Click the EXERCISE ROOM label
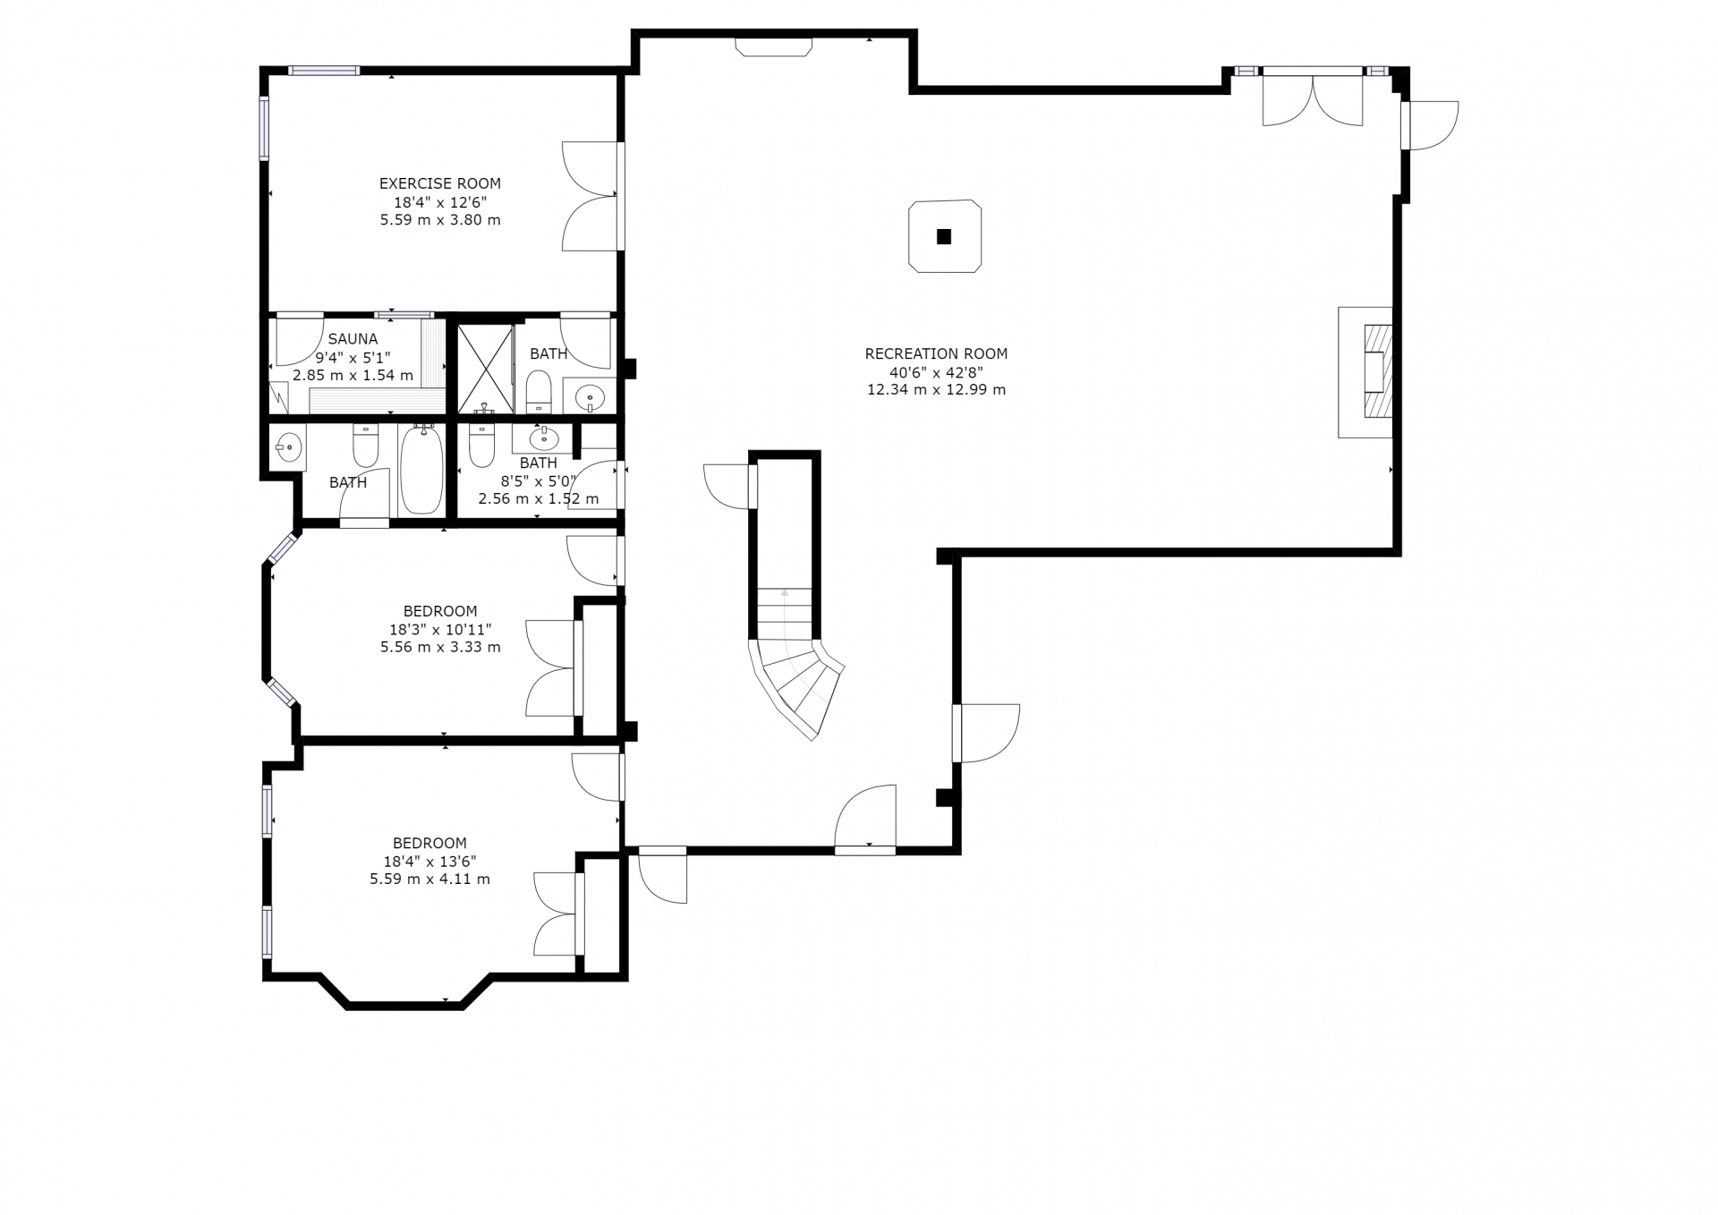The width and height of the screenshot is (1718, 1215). click(439, 183)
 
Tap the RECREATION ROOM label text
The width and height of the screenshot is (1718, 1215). click(936, 353)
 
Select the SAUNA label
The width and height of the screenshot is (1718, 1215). click(353, 339)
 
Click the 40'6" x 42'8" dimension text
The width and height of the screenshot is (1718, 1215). click(936, 371)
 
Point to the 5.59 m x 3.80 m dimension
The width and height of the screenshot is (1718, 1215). click(439, 219)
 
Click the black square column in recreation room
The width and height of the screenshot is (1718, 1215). click(943, 237)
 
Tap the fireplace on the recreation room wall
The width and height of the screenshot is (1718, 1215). click(1365, 372)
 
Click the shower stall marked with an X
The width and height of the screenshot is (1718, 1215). click(485, 369)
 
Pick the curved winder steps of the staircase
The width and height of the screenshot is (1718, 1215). click(798, 685)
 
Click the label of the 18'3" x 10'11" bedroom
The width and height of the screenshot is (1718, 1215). click(440, 612)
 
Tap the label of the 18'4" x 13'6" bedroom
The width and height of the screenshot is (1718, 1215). click(429, 843)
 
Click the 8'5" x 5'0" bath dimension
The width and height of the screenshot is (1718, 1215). click(538, 480)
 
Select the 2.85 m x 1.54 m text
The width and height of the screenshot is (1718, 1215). click(353, 375)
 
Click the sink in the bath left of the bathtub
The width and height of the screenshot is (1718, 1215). click(288, 446)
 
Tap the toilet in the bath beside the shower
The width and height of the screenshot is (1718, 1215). click(539, 392)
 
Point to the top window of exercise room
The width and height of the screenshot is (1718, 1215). click(324, 71)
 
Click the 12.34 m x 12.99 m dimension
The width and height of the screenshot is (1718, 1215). click(936, 389)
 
